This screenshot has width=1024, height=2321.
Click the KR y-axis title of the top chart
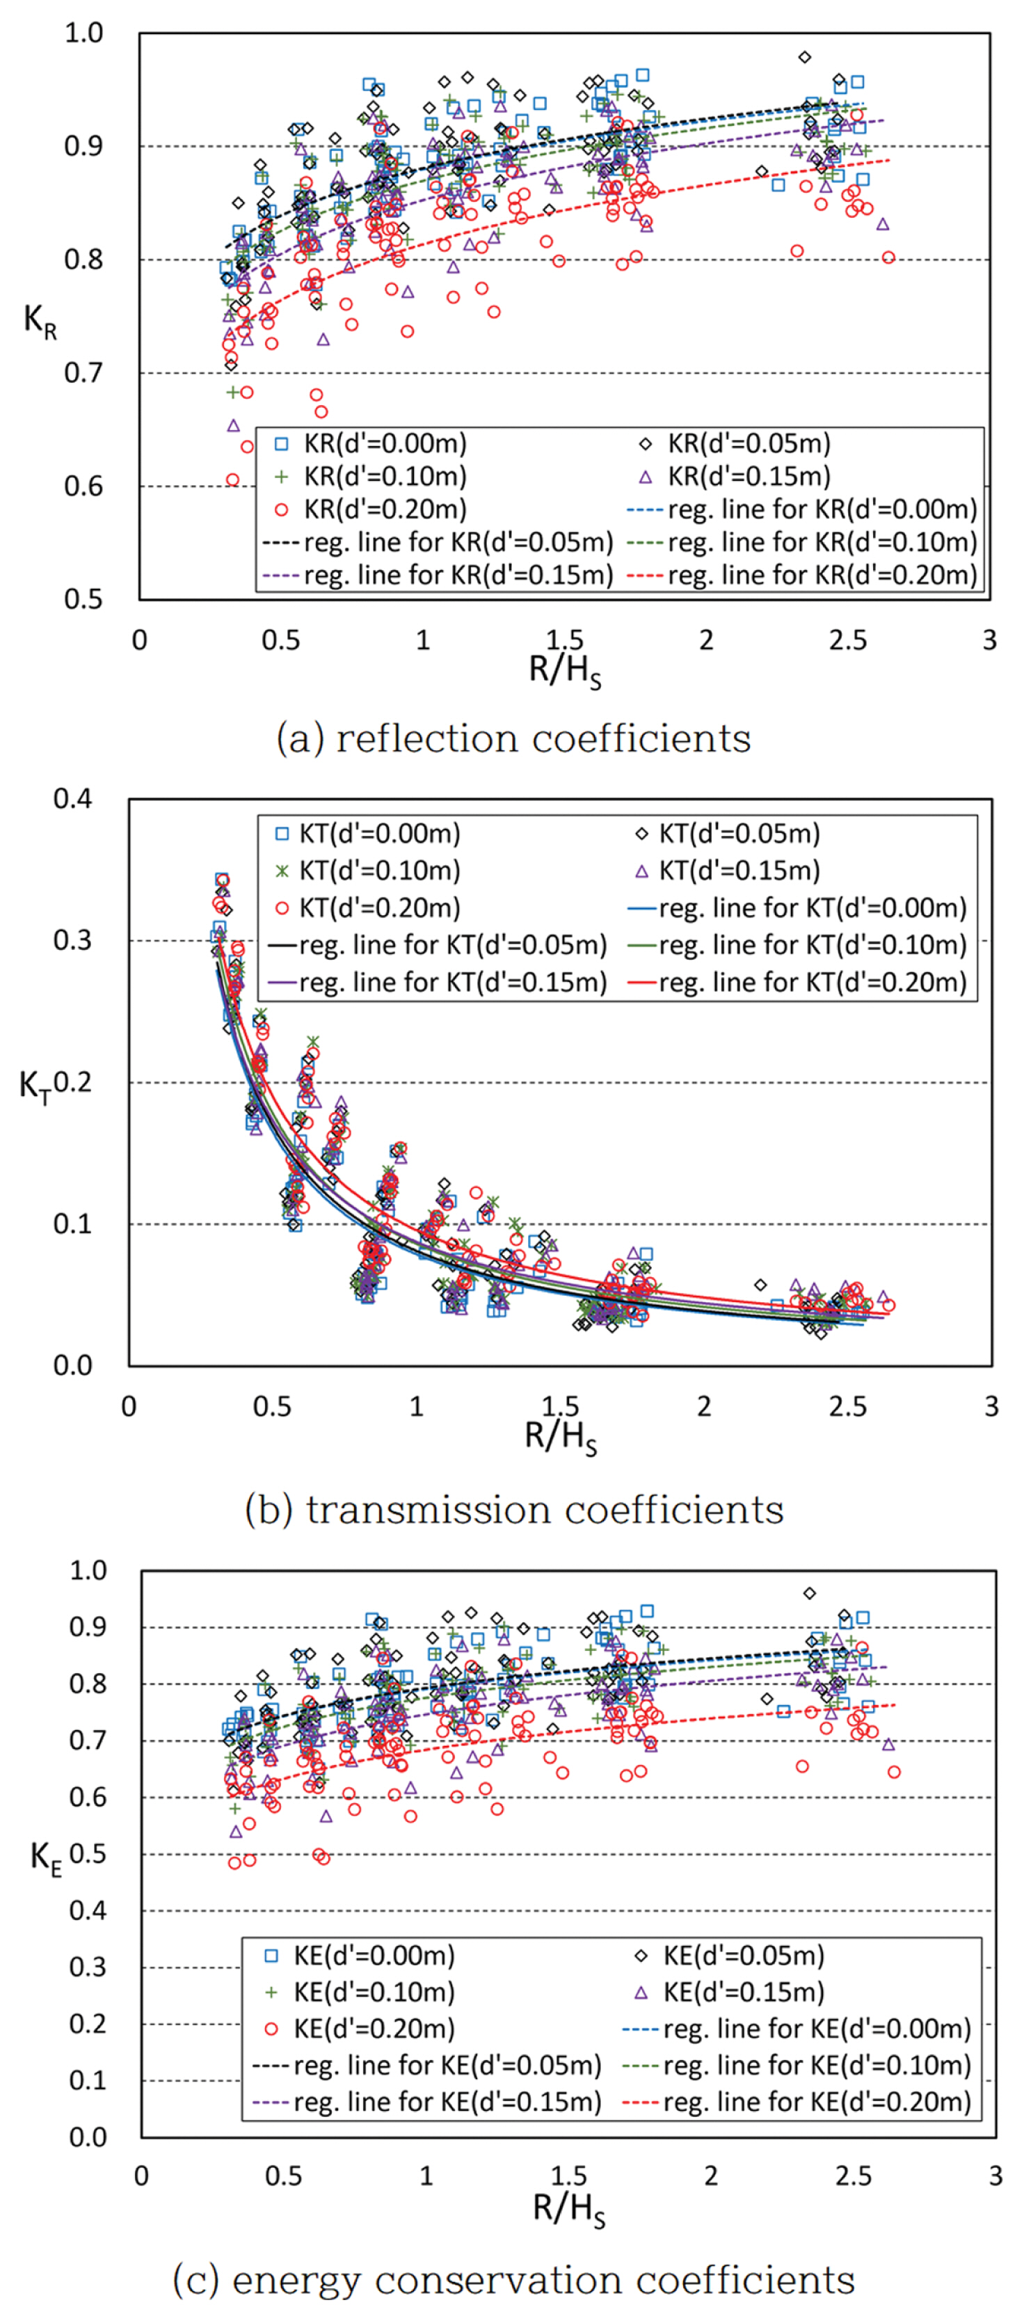40,321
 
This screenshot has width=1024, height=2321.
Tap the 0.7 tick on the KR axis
83,372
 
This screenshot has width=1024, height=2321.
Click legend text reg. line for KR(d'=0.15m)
458,575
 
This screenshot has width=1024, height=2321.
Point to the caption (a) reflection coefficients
513,739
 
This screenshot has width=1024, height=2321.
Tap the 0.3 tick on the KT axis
73,940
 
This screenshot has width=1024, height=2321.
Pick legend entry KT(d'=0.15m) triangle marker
642,871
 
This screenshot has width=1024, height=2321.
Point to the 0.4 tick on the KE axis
88,1910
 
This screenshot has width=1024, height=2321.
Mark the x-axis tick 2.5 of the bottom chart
853,2177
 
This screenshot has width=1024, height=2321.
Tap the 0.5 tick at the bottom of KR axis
83,599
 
